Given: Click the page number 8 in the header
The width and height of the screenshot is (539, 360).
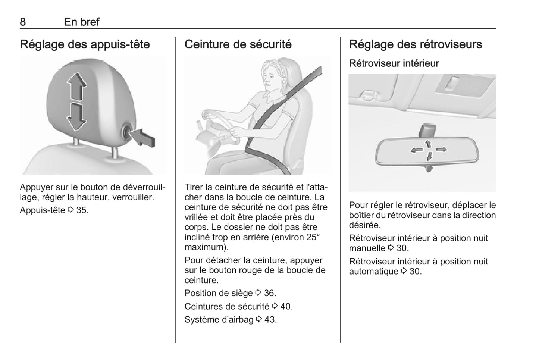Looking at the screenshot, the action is (23, 22).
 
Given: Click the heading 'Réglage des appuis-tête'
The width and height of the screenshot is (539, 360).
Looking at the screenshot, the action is (85, 44).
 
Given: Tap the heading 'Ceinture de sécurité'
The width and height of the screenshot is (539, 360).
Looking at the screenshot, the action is (238, 44).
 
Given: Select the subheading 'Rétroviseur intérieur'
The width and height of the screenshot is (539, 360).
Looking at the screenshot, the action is (394, 63).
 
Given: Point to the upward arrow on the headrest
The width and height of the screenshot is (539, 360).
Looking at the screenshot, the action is (76, 87).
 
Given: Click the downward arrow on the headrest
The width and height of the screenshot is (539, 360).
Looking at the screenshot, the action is (76, 117).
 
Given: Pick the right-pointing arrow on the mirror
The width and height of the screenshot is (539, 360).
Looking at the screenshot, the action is (442, 150).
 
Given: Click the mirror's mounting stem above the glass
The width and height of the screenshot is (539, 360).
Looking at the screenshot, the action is (427, 131).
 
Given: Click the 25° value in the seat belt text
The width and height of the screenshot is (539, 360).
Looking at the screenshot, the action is (313, 237).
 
